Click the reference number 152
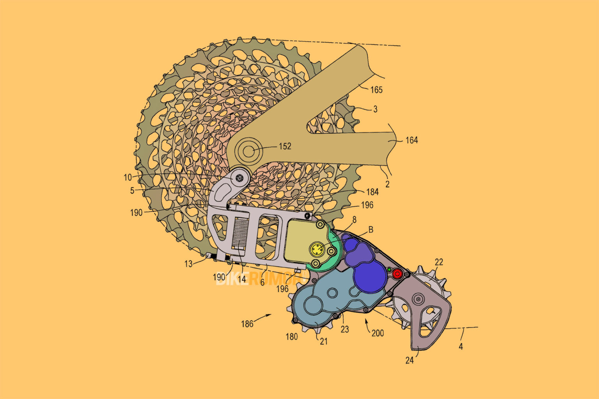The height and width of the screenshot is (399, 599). tap(285, 146)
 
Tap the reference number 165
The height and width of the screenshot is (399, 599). tap(376, 90)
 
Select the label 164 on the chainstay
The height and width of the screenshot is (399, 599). tap(411, 140)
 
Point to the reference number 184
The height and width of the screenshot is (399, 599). tap(372, 192)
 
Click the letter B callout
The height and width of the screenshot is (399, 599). tap(370, 230)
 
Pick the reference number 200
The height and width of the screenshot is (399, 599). tap(377, 333)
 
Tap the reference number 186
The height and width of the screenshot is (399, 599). tap(247, 324)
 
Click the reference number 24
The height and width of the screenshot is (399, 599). tap(409, 360)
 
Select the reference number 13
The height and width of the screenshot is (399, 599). tap(188, 264)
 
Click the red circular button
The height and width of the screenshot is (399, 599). tap(397, 274)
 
